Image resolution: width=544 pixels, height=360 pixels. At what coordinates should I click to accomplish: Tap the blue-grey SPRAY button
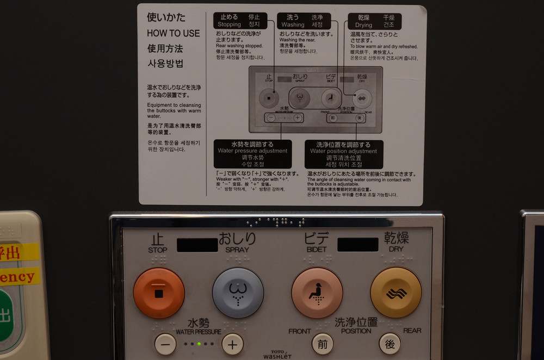[x=238, y=293]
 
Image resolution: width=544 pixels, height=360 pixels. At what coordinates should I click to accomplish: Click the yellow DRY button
[x=396, y=293]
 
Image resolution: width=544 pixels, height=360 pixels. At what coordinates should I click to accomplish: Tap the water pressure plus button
[x=232, y=344]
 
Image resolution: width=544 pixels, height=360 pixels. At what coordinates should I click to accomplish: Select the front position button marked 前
[x=323, y=344]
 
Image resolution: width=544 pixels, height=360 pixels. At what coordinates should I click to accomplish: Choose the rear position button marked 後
[x=390, y=344]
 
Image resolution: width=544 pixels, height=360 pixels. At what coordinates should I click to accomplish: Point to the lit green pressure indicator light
[x=199, y=344]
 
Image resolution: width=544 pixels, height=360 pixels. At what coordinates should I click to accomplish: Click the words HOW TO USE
[x=173, y=33]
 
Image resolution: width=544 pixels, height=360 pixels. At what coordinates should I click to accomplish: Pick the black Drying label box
[x=374, y=21]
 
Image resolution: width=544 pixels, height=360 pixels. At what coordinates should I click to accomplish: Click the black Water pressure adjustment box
[x=252, y=154]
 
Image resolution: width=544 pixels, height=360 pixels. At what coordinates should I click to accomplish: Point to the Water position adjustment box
[x=343, y=154]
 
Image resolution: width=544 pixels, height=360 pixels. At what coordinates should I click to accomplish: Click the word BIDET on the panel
[x=317, y=250]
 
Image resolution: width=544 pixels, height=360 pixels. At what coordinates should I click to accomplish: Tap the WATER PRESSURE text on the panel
[x=198, y=332]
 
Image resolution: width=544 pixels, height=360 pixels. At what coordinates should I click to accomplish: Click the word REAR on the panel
[x=412, y=331]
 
